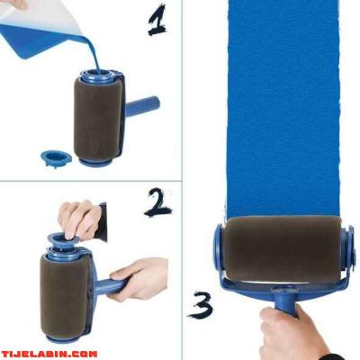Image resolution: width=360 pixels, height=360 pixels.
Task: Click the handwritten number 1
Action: [x=157, y=21]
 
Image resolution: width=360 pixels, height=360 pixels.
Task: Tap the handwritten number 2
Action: [x=158, y=202]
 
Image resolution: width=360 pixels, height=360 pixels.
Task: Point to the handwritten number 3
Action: [x=201, y=305]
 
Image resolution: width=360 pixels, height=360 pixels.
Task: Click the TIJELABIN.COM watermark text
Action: [x=49, y=354]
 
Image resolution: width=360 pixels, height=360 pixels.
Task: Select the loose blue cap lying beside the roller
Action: [x=56, y=158]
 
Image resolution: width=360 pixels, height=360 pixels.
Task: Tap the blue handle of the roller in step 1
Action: [x=142, y=106]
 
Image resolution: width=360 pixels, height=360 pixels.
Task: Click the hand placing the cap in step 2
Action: [x=78, y=220]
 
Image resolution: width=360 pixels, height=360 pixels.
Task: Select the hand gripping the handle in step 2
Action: [x=138, y=279]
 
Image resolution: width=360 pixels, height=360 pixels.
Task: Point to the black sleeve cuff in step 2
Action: [x=103, y=222]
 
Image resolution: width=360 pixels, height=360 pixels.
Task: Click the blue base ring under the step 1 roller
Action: [x=95, y=162]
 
